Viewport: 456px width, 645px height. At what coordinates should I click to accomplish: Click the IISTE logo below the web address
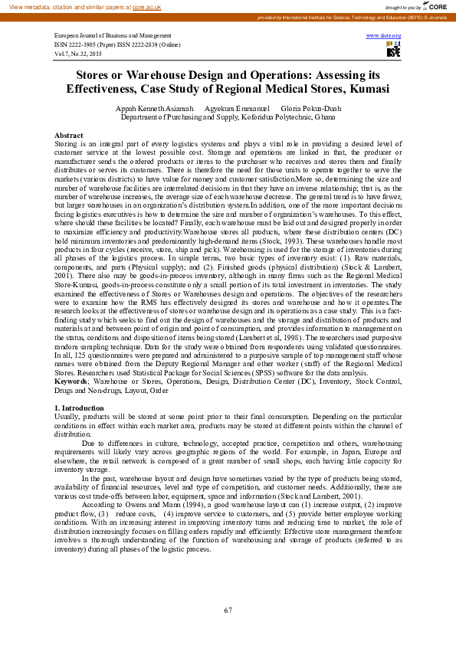(x=393, y=51)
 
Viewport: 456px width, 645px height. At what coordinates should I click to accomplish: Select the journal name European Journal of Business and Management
(x=113, y=36)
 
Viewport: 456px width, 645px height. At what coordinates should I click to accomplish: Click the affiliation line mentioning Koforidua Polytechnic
(x=228, y=118)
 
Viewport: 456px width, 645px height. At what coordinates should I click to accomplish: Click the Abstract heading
(x=69, y=135)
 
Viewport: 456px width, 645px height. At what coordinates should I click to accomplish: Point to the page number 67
(x=228, y=611)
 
